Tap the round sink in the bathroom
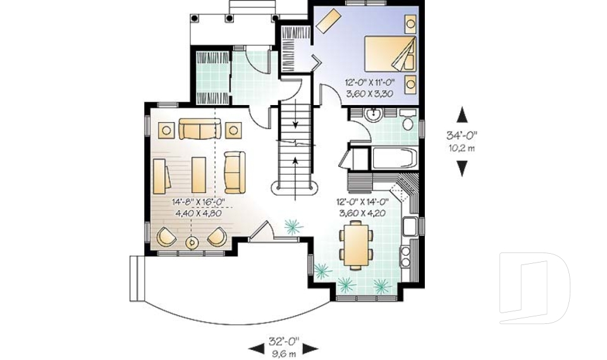coord(374,116)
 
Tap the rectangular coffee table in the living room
coord(200,173)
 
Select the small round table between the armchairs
coord(192,242)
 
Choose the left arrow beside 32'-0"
coord(256,347)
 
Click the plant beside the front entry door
coord(293,226)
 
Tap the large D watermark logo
coord(534,288)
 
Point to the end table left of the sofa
coord(166,130)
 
